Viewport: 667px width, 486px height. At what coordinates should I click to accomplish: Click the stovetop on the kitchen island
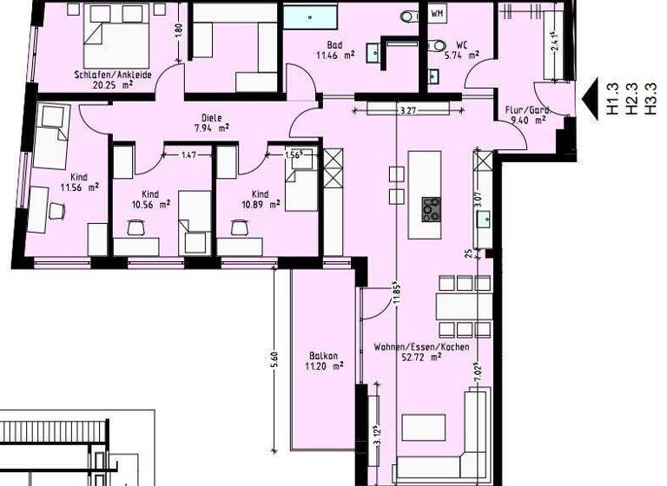(x=431, y=209)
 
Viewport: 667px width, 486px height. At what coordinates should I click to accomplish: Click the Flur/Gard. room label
(x=527, y=110)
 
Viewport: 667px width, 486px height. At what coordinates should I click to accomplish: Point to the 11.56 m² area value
(x=79, y=186)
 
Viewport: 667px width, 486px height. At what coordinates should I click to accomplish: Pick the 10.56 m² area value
(x=149, y=205)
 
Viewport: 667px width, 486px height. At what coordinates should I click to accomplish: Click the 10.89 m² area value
(x=259, y=205)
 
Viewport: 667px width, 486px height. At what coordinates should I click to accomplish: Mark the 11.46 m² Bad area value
(x=334, y=54)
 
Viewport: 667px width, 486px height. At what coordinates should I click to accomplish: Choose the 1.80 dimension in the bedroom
(x=178, y=28)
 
